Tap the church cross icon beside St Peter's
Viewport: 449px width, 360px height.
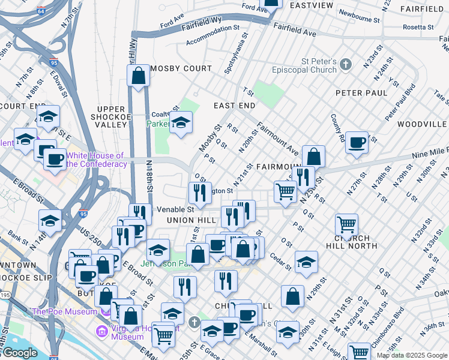click(345, 64)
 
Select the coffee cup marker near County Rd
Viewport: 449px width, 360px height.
click(357, 143)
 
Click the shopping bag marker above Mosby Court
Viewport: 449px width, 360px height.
click(138, 76)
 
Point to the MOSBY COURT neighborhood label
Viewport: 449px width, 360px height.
click(181, 68)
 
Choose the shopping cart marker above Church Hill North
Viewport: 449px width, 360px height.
click(346, 225)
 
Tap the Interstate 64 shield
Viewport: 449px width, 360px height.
click(41, 11)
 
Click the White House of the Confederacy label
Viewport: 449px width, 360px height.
click(96, 160)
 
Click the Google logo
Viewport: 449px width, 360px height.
click(20, 352)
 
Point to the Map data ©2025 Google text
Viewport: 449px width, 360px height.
click(411, 355)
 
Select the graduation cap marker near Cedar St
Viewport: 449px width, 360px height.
click(306, 262)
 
